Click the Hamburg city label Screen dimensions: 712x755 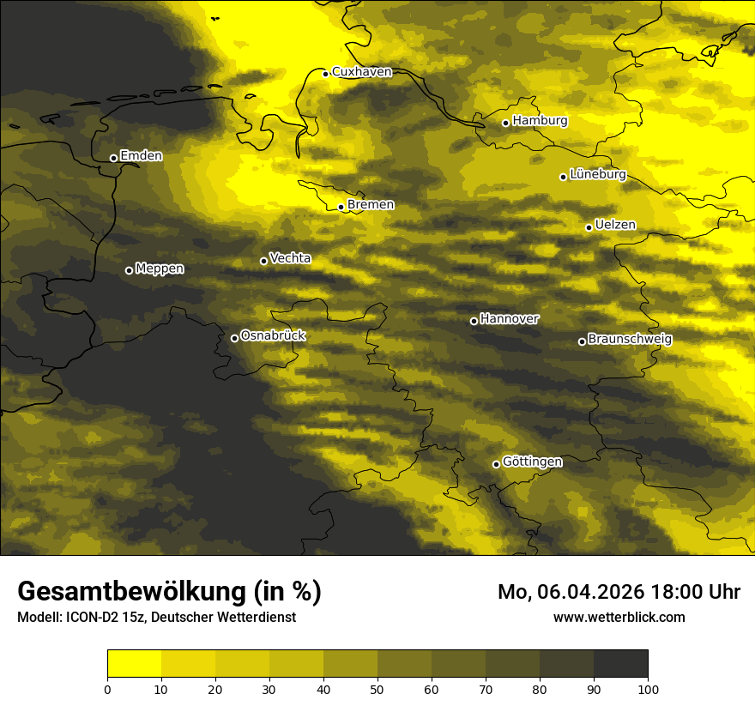click(x=540, y=121)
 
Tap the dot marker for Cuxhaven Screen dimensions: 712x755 click(x=326, y=74)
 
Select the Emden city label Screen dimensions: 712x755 click(x=141, y=156)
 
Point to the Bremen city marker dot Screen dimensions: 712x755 click(x=341, y=207)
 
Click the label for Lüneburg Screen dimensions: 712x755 click(x=597, y=174)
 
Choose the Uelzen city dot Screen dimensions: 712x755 click(x=589, y=227)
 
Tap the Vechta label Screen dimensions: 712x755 click(x=290, y=258)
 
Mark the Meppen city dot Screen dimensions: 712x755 click(x=129, y=270)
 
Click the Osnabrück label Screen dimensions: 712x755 click(x=273, y=335)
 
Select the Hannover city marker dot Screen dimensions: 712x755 click(x=474, y=321)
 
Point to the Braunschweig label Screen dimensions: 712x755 click(x=630, y=339)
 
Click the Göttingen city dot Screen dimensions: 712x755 click(x=496, y=464)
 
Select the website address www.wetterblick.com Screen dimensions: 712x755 click(x=619, y=617)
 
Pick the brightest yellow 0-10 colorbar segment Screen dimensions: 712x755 click(x=134, y=664)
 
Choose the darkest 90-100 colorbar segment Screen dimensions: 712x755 click(x=620, y=664)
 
